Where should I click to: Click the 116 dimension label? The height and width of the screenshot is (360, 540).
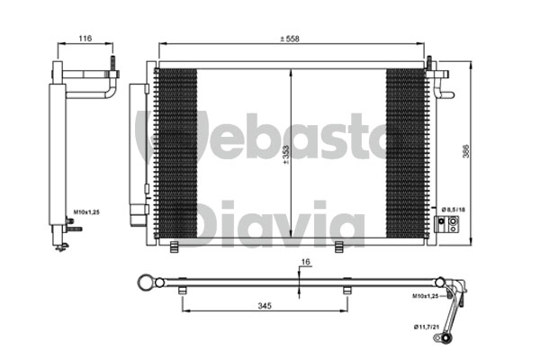[85, 38]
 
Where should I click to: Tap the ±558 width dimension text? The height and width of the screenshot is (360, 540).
[290, 39]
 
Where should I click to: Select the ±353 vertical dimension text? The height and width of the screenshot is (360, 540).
[286, 155]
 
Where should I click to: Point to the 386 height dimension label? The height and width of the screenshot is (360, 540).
[465, 151]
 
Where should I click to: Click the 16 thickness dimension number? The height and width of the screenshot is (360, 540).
[305, 262]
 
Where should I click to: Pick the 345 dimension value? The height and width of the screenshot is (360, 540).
[265, 306]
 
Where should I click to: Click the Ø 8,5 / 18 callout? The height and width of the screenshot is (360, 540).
[454, 210]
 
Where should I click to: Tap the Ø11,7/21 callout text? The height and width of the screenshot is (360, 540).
[427, 327]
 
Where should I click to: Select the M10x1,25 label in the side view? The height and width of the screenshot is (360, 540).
[86, 212]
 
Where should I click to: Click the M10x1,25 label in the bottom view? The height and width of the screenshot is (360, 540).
[426, 296]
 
